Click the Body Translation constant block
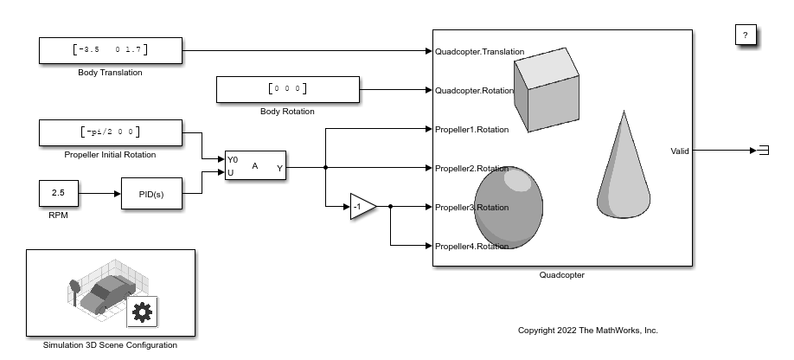(111, 50)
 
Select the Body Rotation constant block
(287, 89)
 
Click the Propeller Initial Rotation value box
(111, 132)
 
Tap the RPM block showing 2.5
(59, 193)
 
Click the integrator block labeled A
(256, 165)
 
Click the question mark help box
(746, 35)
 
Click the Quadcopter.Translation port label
(480, 52)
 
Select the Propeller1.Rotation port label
(472, 130)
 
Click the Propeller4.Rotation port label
(472, 247)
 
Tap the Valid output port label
(680, 151)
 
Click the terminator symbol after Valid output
(763, 151)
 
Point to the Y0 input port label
(233, 159)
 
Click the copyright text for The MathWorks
(587, 331)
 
